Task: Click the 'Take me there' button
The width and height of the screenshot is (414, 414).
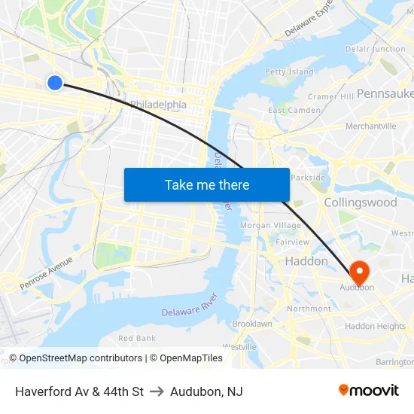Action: (x=207, y=185)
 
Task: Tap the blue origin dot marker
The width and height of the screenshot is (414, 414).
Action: (x=55, y=83)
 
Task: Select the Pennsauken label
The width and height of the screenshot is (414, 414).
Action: (x=385, y=93)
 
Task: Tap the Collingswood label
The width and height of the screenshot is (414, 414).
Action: (x=360, y=202)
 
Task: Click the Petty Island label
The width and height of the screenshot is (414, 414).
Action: (x=289, y=72)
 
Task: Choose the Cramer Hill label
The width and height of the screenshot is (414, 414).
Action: (x=330, y=97)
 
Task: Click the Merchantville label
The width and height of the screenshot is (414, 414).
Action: (x=370, y=126)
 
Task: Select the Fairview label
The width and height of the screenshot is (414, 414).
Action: (x=293, y=242)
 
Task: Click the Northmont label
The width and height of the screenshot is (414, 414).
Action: (x=309, y=309)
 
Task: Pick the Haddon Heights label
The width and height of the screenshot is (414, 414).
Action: (x=375, y=326)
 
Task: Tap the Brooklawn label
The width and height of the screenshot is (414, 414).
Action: (x=252, y=324)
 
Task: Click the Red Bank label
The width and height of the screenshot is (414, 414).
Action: (x=137, y=338)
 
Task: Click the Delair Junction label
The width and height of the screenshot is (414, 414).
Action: (x=375, y=49)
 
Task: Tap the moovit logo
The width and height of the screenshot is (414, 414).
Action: (x=368, y=390)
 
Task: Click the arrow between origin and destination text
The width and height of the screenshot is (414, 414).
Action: (x=157, y=391)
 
